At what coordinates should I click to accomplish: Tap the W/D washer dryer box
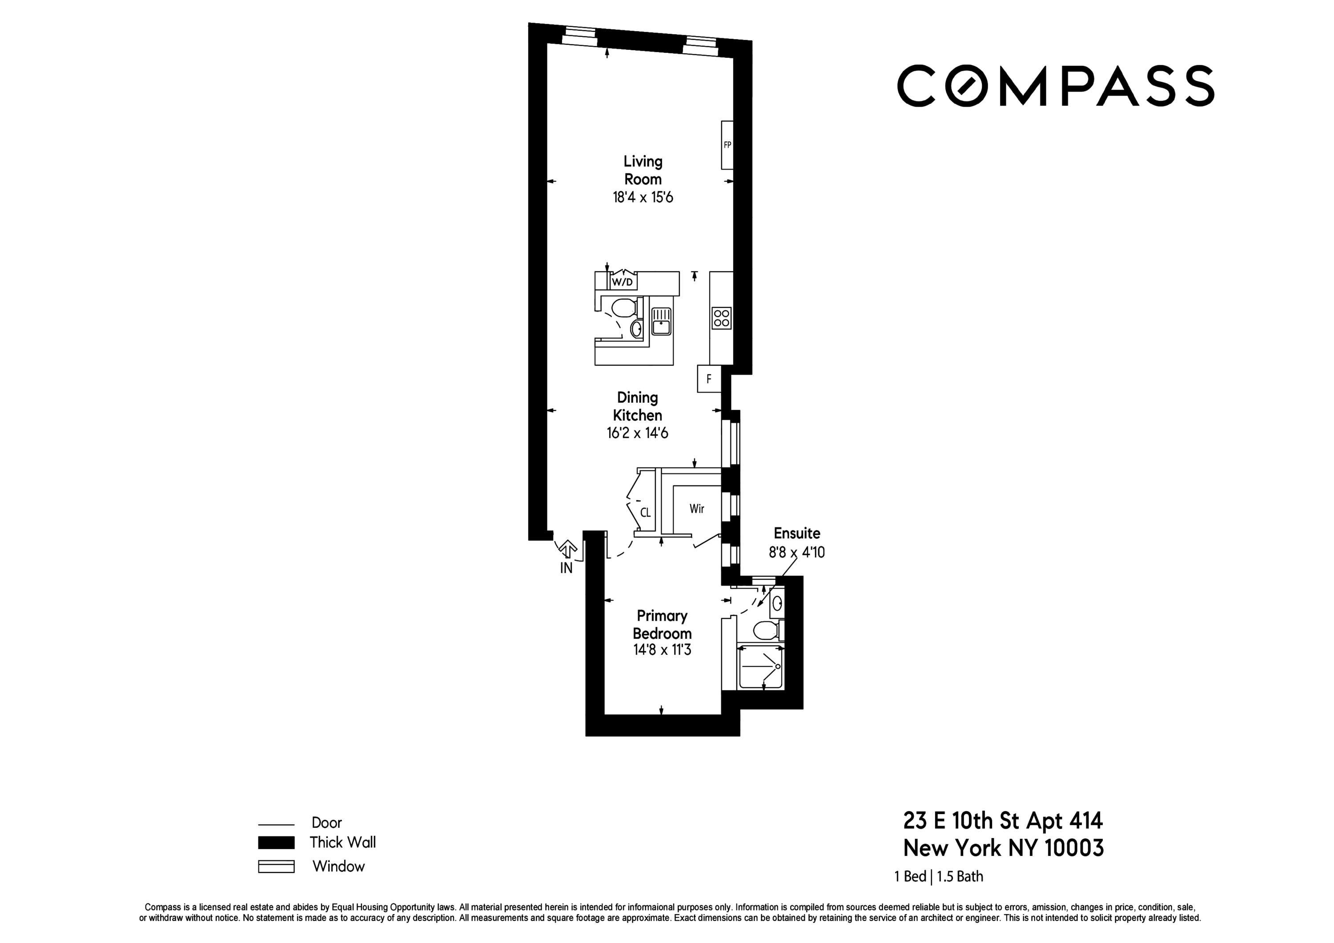[x=622, y=282]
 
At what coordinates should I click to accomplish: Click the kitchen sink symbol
[x=661, y=321]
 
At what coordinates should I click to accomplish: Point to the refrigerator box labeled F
[x=709, y=379]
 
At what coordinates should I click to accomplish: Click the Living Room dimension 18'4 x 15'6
[x=643, y=197]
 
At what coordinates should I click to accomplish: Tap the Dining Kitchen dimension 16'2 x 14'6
[x=637, y=433]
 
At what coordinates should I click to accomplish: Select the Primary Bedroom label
[x=662, y=624]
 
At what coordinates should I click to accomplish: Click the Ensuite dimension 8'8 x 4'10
[x=796, y=552]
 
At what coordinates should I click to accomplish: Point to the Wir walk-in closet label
[x=697, y=509]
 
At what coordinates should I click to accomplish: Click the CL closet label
[x=645, y=513]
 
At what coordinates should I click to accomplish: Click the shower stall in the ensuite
[x=760, y=668]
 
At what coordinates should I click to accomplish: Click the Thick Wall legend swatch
[x=276, y=843]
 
